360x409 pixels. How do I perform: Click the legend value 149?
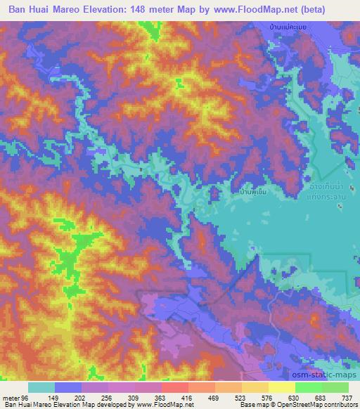click(x=55, y=397)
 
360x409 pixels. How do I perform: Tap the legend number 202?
click(x=82, y=397)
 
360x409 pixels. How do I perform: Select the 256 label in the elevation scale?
click(x=108, y=397)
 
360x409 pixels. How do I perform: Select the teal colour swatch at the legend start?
click(x=41, y=387)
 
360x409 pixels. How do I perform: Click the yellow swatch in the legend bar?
click(x=281, y=387)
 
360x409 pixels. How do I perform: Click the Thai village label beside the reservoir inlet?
click(x=252, y=190)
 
